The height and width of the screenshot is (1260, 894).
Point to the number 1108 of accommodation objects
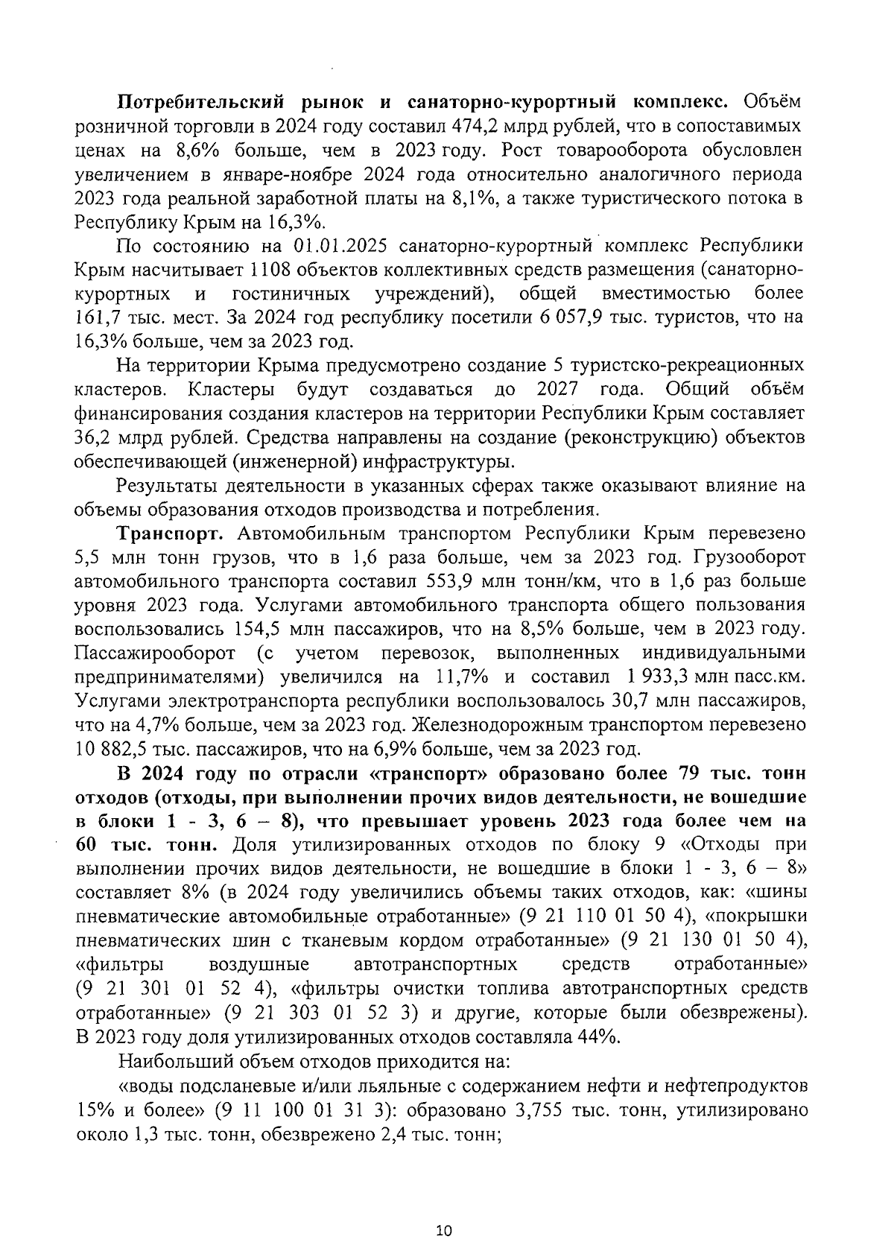[273, 269]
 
